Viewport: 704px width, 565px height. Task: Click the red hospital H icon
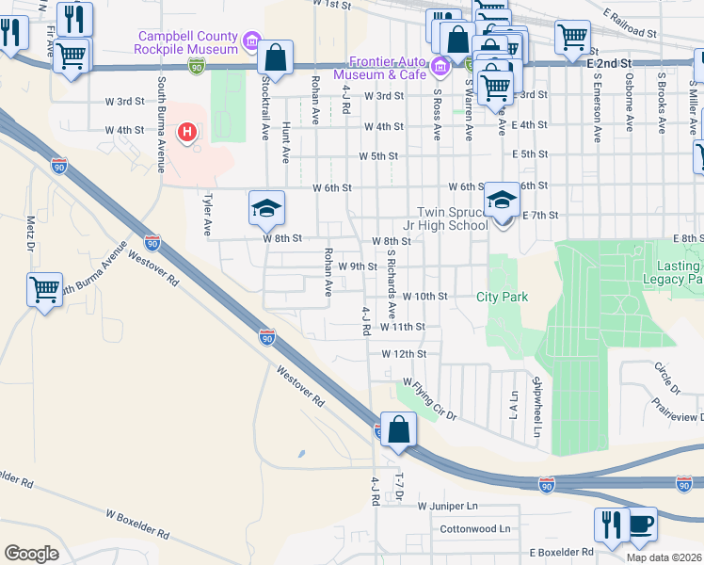(x=187, y=130)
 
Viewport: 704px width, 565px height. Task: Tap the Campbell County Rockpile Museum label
(x=187, y=42)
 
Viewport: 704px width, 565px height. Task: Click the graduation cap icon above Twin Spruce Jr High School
(x=502, y=201)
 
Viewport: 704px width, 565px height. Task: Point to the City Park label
(x=502, y=297)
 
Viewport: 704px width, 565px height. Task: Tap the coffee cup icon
(x=640, y=525)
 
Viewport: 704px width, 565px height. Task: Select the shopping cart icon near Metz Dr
(x=44, y=292)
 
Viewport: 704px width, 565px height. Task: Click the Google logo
(x=31, y=553)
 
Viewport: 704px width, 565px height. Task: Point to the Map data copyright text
(x=664, y=557)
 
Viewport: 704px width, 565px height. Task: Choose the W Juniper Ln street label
(x=449, y=507)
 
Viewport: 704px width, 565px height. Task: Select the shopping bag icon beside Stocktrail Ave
(x=276, y=58)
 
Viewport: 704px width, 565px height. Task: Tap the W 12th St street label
(x=404, y=354)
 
